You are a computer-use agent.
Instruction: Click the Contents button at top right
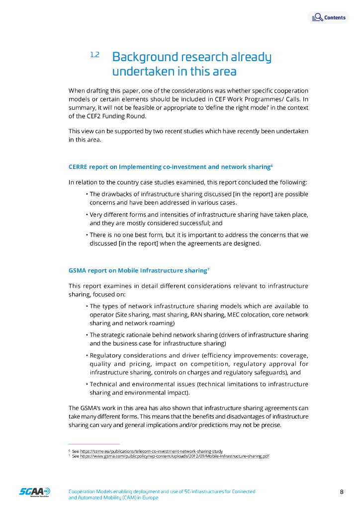pyautogui.click(x=329, y=17)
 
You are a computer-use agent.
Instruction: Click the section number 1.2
pyautogui.click(x=94, y=55)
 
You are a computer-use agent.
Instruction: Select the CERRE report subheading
pyautogui.click(x=169, y=167)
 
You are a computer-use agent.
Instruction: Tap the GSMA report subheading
pyautogui.click(x=137, y=271)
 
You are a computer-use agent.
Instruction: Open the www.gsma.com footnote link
pyautogui.click(x=175, y=456)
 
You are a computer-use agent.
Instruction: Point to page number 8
pyautogui.click(x=342, y=492)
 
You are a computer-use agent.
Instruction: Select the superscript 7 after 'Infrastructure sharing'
pyautogui.click(x=208, y=269)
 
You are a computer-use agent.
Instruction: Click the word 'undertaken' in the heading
pyautogui.click(x=143, y=72)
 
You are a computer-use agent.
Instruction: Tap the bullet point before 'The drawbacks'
pyautogui.click(x=87, y=194)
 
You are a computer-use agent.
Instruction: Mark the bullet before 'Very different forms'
pyautogui.click(x=87, y=215)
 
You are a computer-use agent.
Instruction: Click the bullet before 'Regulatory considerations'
pyautogui.click(x=87, y=356)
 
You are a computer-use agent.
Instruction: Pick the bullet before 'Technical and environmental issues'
pyautogui.click(x=87, y=385)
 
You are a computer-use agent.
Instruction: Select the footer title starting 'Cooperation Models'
pyautogui.click(x=162, y=495)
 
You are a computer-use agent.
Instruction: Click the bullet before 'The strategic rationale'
pyautogui.click(x=87, y=336)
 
